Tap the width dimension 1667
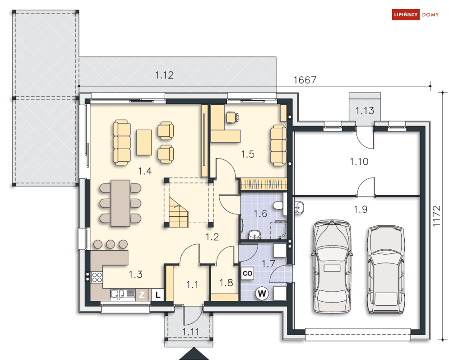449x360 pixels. click(305, 80)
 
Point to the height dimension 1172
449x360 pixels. click(436, 216)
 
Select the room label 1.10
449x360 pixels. click(359, 161)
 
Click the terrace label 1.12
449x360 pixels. click(164, 75)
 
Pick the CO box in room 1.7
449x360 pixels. click(247, 273)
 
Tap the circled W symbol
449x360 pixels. click(262, 294)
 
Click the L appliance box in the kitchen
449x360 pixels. click(157, 295)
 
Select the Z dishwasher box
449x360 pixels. click(142, 295)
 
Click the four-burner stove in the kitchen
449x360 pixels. click(97, 277)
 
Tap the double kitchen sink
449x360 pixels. click(123, 294)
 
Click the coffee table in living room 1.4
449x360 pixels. click(144, 142)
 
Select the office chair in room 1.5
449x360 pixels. click(232, 117)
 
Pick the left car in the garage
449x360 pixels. click(332, 266)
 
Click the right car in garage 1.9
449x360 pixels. click(386, 269)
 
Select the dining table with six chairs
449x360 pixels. click(120, 203)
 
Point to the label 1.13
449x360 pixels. click(365, 111)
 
